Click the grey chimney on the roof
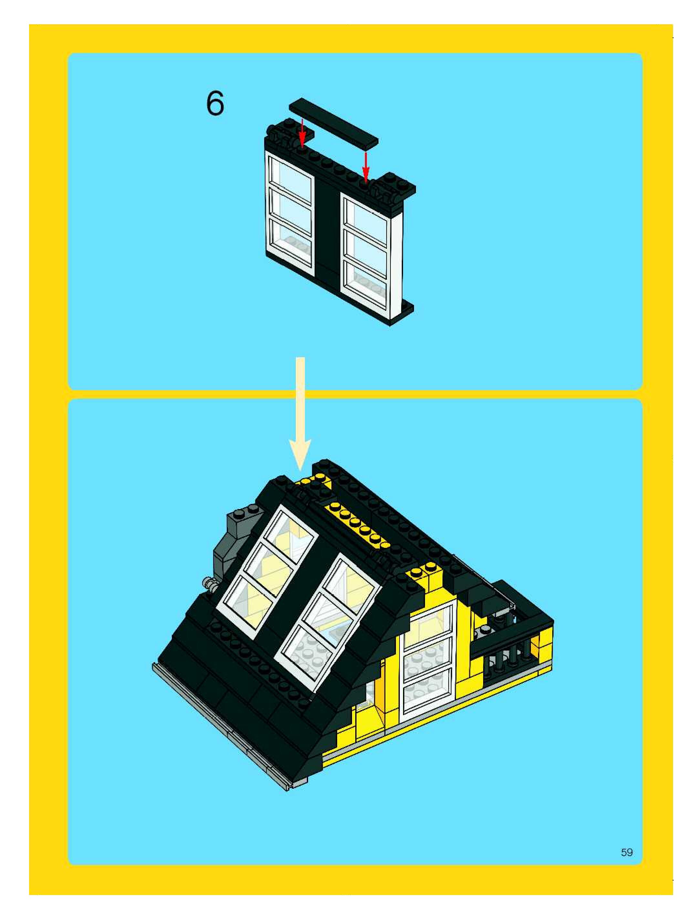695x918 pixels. click(x=238, y=539)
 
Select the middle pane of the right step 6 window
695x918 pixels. click(x=366, y=245)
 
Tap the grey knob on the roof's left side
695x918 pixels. click(x=212, y=586)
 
